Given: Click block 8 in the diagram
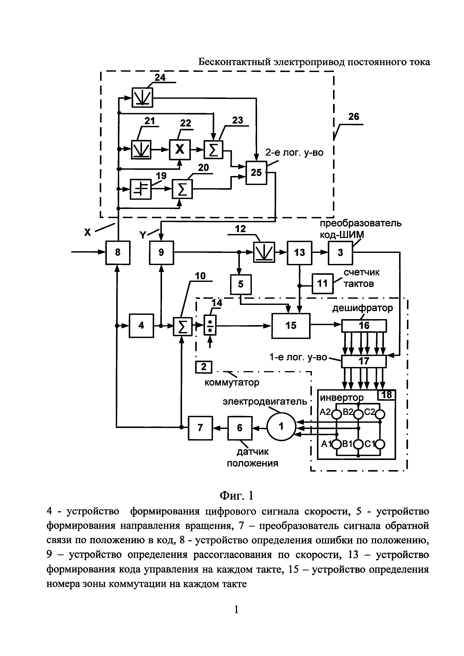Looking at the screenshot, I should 118,253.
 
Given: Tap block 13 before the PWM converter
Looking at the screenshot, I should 299,253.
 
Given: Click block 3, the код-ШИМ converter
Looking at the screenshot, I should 340,253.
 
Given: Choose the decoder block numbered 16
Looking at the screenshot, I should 364,326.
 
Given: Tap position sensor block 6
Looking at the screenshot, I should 240,428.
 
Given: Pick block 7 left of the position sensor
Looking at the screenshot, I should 200,428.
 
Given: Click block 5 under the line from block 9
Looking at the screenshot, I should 241,284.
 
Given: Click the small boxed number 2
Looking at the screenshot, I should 203,367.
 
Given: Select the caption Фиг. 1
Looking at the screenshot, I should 236,496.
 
